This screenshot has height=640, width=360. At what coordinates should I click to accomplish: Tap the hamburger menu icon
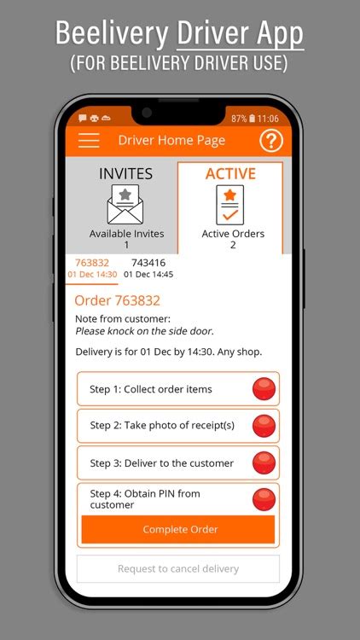89,140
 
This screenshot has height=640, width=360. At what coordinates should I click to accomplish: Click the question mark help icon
271,141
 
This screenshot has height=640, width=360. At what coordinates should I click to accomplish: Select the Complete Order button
178,529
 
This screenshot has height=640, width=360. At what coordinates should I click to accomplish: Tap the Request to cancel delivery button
178,568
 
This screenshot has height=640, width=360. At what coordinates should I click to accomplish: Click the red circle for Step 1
264,388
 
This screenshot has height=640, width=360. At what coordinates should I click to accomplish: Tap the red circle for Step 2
264,426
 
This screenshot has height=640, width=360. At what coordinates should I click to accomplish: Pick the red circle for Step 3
264,463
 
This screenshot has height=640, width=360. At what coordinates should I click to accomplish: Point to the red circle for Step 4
264,499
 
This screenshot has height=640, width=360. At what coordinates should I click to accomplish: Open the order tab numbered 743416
148,268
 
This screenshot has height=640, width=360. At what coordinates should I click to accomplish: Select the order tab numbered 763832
92,268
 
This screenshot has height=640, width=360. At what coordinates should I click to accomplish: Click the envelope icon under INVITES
125,204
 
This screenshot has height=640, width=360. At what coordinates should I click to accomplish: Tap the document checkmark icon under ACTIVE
230,205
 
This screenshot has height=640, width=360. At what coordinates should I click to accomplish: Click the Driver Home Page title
171,141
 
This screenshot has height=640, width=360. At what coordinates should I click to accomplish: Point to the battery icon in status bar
252,119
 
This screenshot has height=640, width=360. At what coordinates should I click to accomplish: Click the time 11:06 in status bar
268,119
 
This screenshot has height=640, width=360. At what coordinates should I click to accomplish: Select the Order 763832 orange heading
117,301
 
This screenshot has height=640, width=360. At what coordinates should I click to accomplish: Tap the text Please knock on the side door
144,331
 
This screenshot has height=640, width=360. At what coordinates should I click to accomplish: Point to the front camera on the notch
147,113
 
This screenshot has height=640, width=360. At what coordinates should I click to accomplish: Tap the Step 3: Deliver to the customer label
161,463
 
